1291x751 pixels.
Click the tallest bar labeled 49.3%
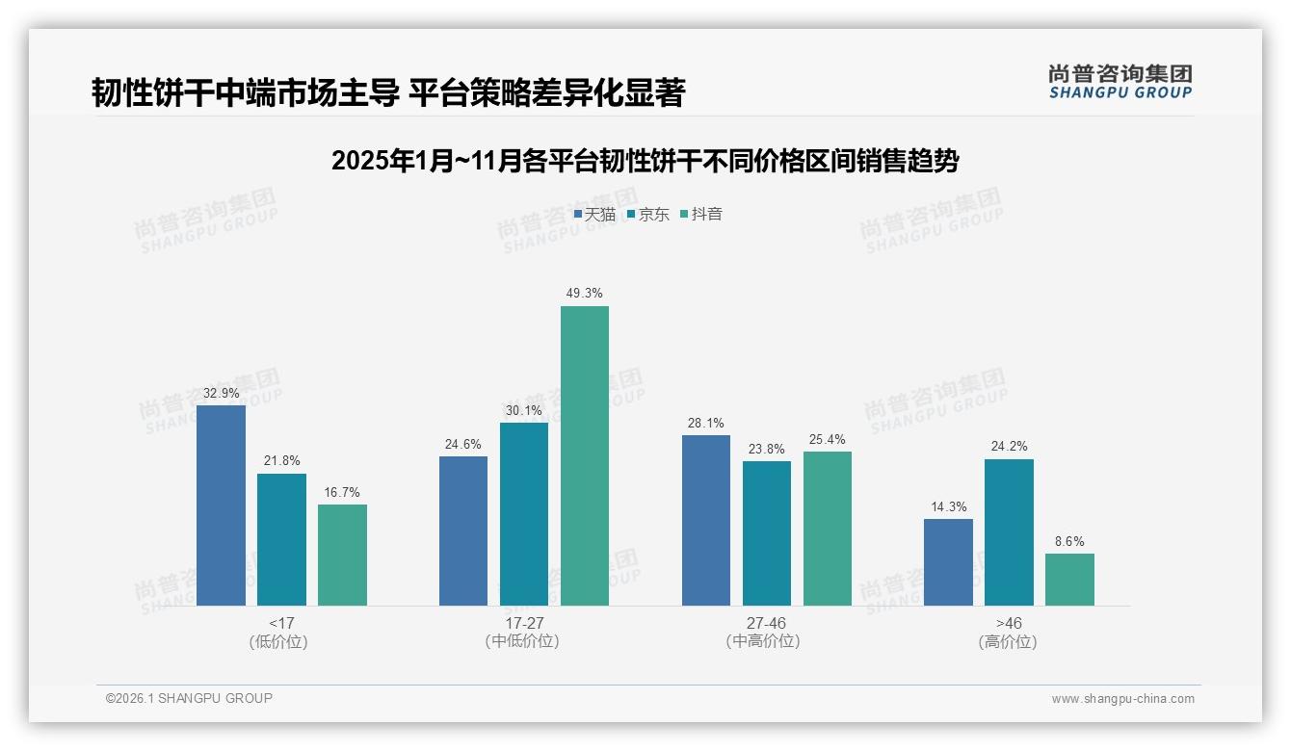(x=585, y=455)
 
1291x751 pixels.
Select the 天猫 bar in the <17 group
(x=221, y=505)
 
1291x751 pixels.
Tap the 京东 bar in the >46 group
(x=1009, y=532)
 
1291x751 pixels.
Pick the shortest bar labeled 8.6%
(x=1069, y=580)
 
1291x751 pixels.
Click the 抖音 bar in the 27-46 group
(x=827, y=529)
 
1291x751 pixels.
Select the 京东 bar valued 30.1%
(x=523, y=514)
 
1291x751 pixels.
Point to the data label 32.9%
(x=221, y=393)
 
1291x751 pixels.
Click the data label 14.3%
(x=948, y=506)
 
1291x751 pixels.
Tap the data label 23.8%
(x=766, y=449)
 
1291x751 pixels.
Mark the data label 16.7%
(x=342, y=492)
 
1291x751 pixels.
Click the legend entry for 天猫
(x=594, y=215)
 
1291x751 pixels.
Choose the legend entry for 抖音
(x=701, y=215)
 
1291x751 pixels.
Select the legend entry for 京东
(x=648, y=215)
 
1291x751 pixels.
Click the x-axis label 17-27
(x=523, y=623)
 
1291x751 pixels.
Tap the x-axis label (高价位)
(x=1008, y=642)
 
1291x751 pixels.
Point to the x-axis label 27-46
(x=766, y=623)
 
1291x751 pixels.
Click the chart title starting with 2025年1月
(x=645, y=161)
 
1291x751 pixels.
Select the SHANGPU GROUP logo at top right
(x=1120, y=82)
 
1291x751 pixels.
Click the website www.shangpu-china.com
(x=1122, y=699)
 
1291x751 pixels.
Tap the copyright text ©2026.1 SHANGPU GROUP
(x=189, y=698)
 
